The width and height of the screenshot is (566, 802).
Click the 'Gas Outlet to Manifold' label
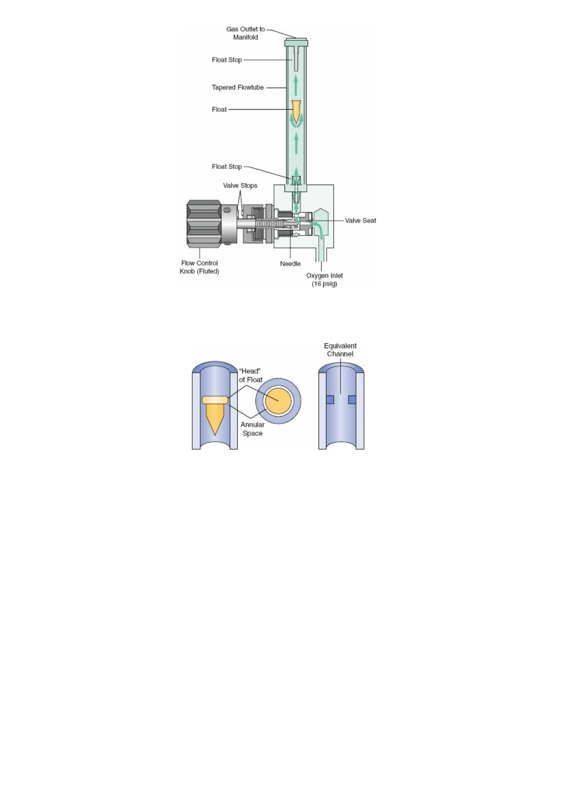tap(245, 33)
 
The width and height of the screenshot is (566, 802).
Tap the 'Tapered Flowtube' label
tap(238, 87)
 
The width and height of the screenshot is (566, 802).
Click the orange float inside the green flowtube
tap(296, 111)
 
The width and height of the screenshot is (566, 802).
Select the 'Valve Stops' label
tap(240, 185)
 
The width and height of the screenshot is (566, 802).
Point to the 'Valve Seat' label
tap(360, 221)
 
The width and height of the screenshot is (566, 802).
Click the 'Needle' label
tap(290, 264)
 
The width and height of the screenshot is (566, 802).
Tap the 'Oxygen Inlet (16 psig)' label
tap(324, 280)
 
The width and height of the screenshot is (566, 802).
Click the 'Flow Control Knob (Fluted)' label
tap(199, 267)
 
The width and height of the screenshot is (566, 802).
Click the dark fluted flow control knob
tap(204, 224)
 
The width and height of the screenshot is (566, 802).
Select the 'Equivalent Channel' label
tap(340, 350)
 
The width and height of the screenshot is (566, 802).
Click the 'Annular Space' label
tap(253, 429)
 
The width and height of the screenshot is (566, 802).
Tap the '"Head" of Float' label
tap(251, 375)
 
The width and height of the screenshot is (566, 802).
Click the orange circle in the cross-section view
tap(278, 401)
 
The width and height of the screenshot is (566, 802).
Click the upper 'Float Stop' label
tap(227, 60)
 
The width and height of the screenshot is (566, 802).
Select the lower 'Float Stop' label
tap(227, 167)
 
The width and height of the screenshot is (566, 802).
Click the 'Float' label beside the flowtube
tap(219, 110)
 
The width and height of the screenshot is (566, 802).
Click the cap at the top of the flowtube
tap(296, 42)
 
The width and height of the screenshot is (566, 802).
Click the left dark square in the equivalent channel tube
tap(330, 399)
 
